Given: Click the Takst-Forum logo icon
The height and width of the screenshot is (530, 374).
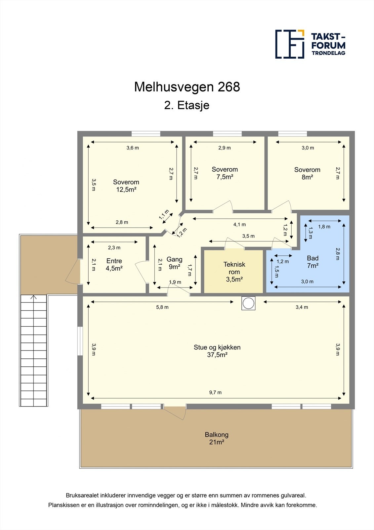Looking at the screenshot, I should point(290,44).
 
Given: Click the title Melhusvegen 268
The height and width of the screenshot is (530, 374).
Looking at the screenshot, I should point(187,87).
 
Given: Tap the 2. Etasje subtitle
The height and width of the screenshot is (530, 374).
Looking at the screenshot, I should point(187,105).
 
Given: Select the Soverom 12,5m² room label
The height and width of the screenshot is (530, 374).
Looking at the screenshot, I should point(126,185).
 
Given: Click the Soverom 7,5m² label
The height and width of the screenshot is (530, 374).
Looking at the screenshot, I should point(225,173).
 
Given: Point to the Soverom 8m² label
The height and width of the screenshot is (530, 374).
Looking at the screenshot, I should point(307,173).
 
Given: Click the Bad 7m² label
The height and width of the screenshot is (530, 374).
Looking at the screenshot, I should point(312,262).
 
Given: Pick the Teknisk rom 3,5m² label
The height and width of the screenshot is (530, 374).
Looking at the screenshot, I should point(234,272).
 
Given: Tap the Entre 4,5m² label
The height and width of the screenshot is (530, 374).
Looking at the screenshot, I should point(114,264).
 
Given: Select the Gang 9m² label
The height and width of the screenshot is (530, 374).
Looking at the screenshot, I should point(174,263).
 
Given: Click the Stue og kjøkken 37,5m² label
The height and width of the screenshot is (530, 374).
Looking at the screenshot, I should point(217,351).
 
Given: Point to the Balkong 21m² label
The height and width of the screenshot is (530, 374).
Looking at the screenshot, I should point(217,438).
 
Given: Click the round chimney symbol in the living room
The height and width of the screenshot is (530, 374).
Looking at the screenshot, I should point(248,303).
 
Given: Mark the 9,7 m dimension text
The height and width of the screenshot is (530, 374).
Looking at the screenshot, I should point(215,393).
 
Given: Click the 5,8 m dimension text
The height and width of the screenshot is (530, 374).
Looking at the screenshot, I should point(162,307).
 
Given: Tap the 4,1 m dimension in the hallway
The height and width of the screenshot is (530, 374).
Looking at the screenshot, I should point(239,224).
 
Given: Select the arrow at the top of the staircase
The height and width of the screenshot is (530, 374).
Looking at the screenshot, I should point(33,297).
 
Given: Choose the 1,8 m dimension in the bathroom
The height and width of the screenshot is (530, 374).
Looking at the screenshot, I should point(324,227).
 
